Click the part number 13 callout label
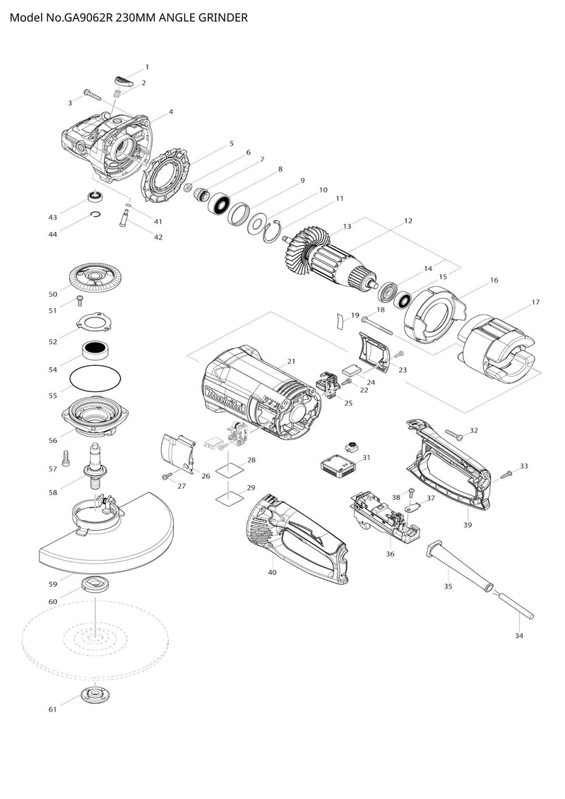(x=347, y=226)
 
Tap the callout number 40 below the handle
(x=272, y=572)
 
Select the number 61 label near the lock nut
(x=52, y=709)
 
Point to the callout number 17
(x=535, y=302)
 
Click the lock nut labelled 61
(x=93, y=694)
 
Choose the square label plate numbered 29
(x=227, y=496)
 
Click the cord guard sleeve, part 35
(x=458, y=567)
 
